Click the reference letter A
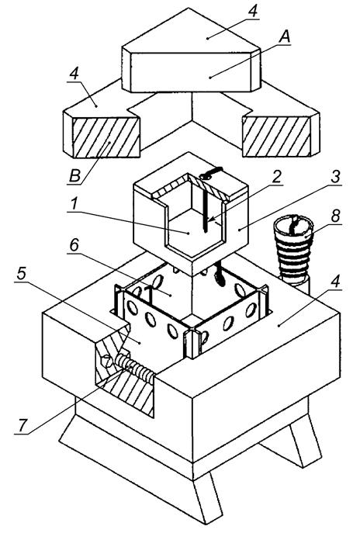[x=285, y=36]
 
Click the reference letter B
[x=74, y=176]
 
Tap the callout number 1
[x=74, y=204]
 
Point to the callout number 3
[x=335, y=177]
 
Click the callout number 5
[x=21, y=274]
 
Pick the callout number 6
[x=74, y=244]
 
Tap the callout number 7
[x=22, y=425]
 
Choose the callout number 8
[x=335, y=216]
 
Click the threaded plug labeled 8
[x=294, y=247]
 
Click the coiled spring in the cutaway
[x=135, y=367]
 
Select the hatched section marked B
[x=106, y=137]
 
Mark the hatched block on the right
[x=276, y=137]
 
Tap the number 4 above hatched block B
[x=74, y=74]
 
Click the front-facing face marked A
[x=191, y=72]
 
